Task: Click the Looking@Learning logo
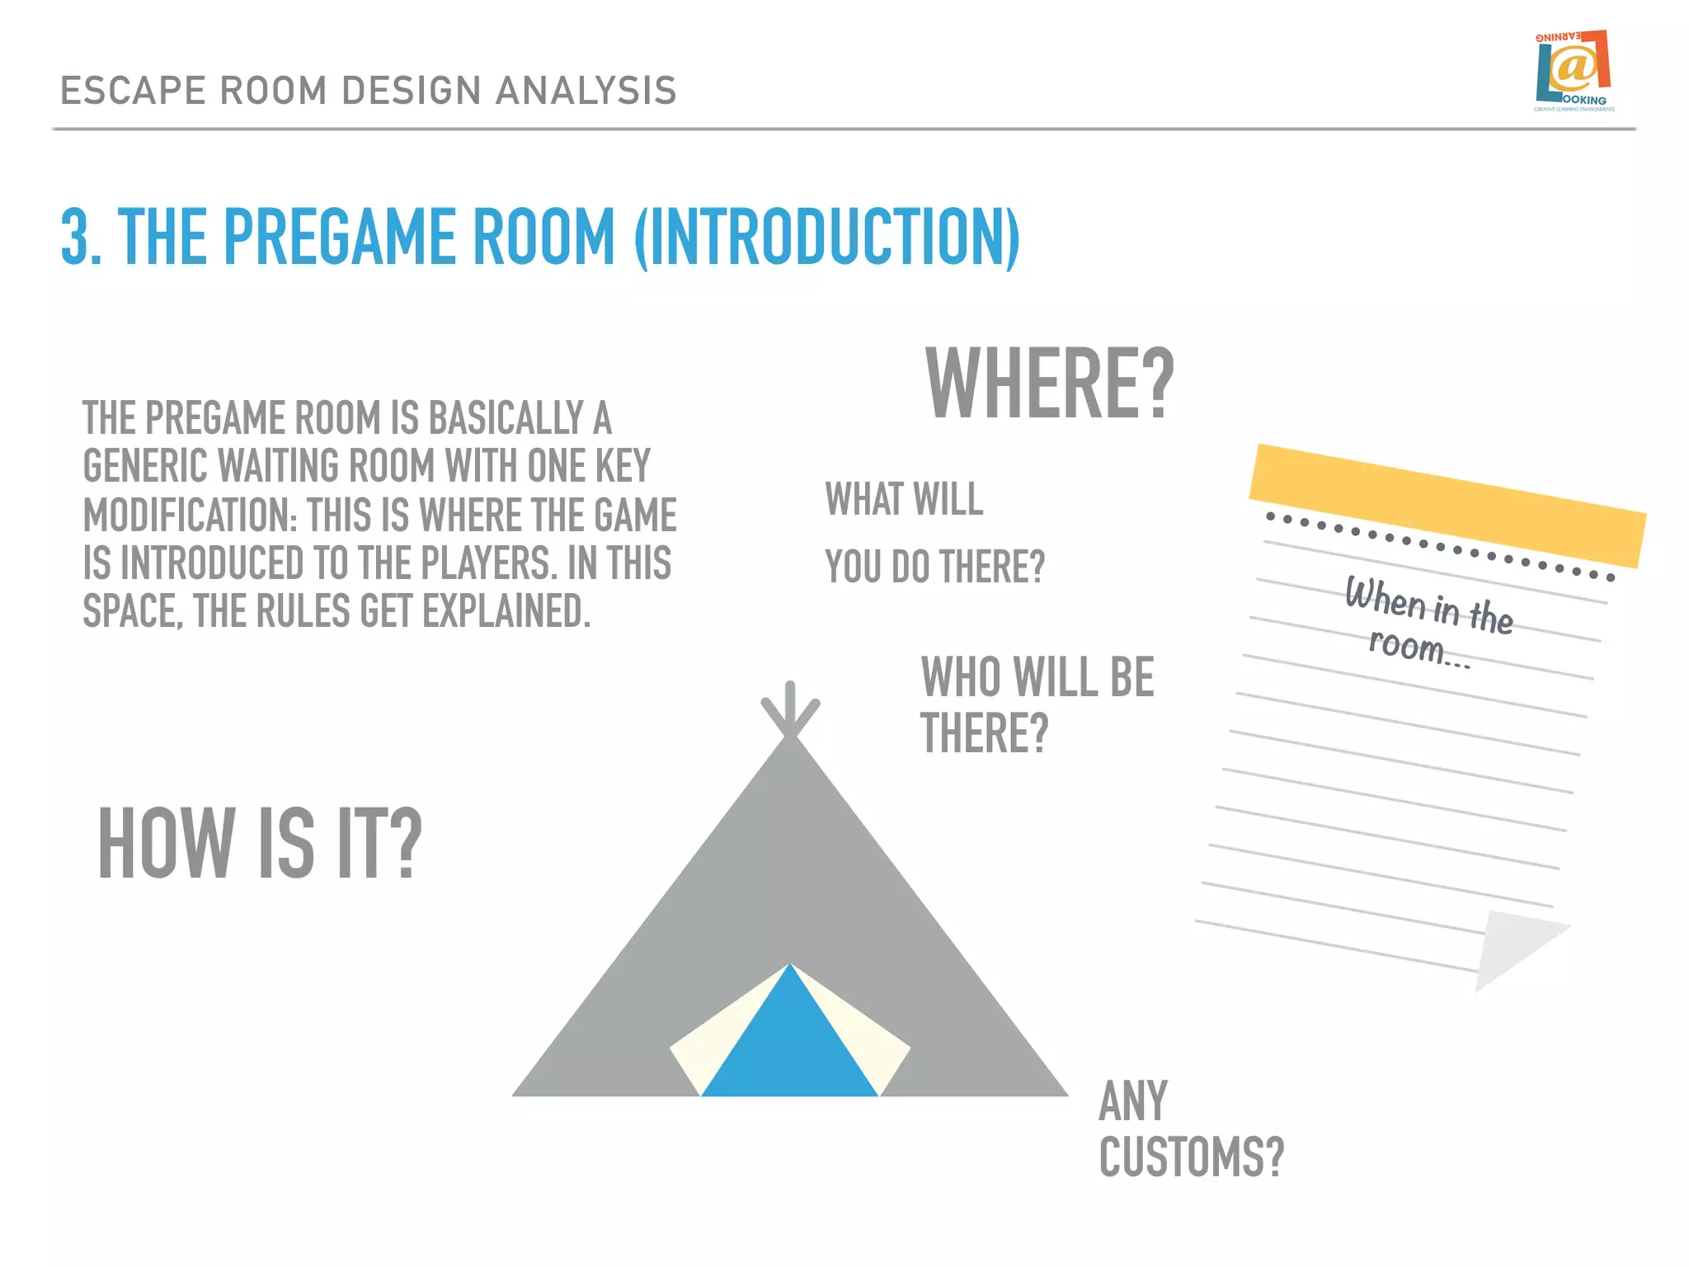pos(1574,71)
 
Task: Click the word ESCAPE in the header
pos(132,91)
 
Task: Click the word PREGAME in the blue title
pos(340,238)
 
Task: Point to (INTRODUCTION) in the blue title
pos(827,238)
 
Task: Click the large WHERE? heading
pos(1049,384)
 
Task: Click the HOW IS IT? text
pos(260,843)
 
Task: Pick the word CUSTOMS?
pos(1192,1156)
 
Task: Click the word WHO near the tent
pos(962,677)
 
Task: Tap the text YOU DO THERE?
pos(934,567)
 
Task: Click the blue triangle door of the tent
pos(789,1043)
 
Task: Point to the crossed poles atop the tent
pos(790,709)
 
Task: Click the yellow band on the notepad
pos(1447,505)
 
